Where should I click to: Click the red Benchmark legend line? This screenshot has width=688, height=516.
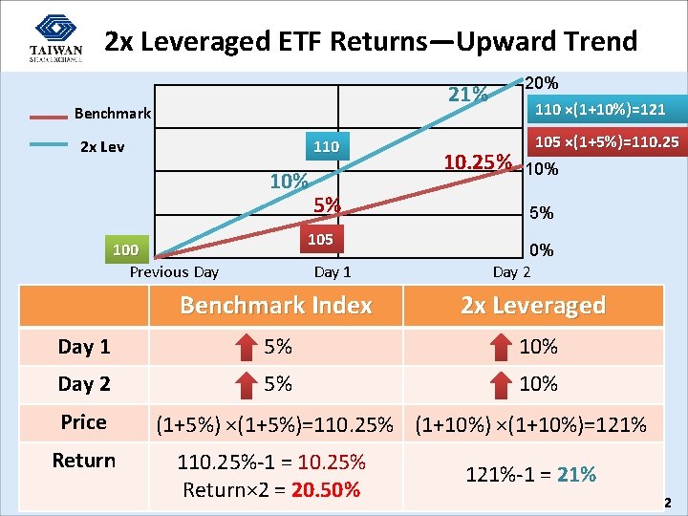tap(34, 116)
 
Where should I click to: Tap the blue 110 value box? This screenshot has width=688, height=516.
tap(327, 147)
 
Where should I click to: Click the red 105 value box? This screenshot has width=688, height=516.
tap(320, 239)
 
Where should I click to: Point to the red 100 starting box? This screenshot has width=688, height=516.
tap(125, 250)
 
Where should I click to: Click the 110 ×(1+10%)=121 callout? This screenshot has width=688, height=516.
tap(600, 109)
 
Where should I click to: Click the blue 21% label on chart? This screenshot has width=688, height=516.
tap(468, 95)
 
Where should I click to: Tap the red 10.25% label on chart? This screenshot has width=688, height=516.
tap(477, 161)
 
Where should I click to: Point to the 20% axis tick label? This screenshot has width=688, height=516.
tap(543, 83)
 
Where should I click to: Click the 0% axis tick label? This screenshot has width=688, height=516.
tap(542, 250)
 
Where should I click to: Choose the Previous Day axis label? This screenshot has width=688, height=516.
tap(174, 272)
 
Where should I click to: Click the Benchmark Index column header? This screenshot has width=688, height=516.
tap(276, 306)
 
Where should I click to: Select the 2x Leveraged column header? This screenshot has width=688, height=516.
tap(533, 306)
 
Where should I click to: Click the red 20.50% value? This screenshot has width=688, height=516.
tap(327, 490)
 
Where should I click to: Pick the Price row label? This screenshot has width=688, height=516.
tap(84, 421)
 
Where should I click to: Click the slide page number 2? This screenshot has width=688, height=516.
tap(668, 503)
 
